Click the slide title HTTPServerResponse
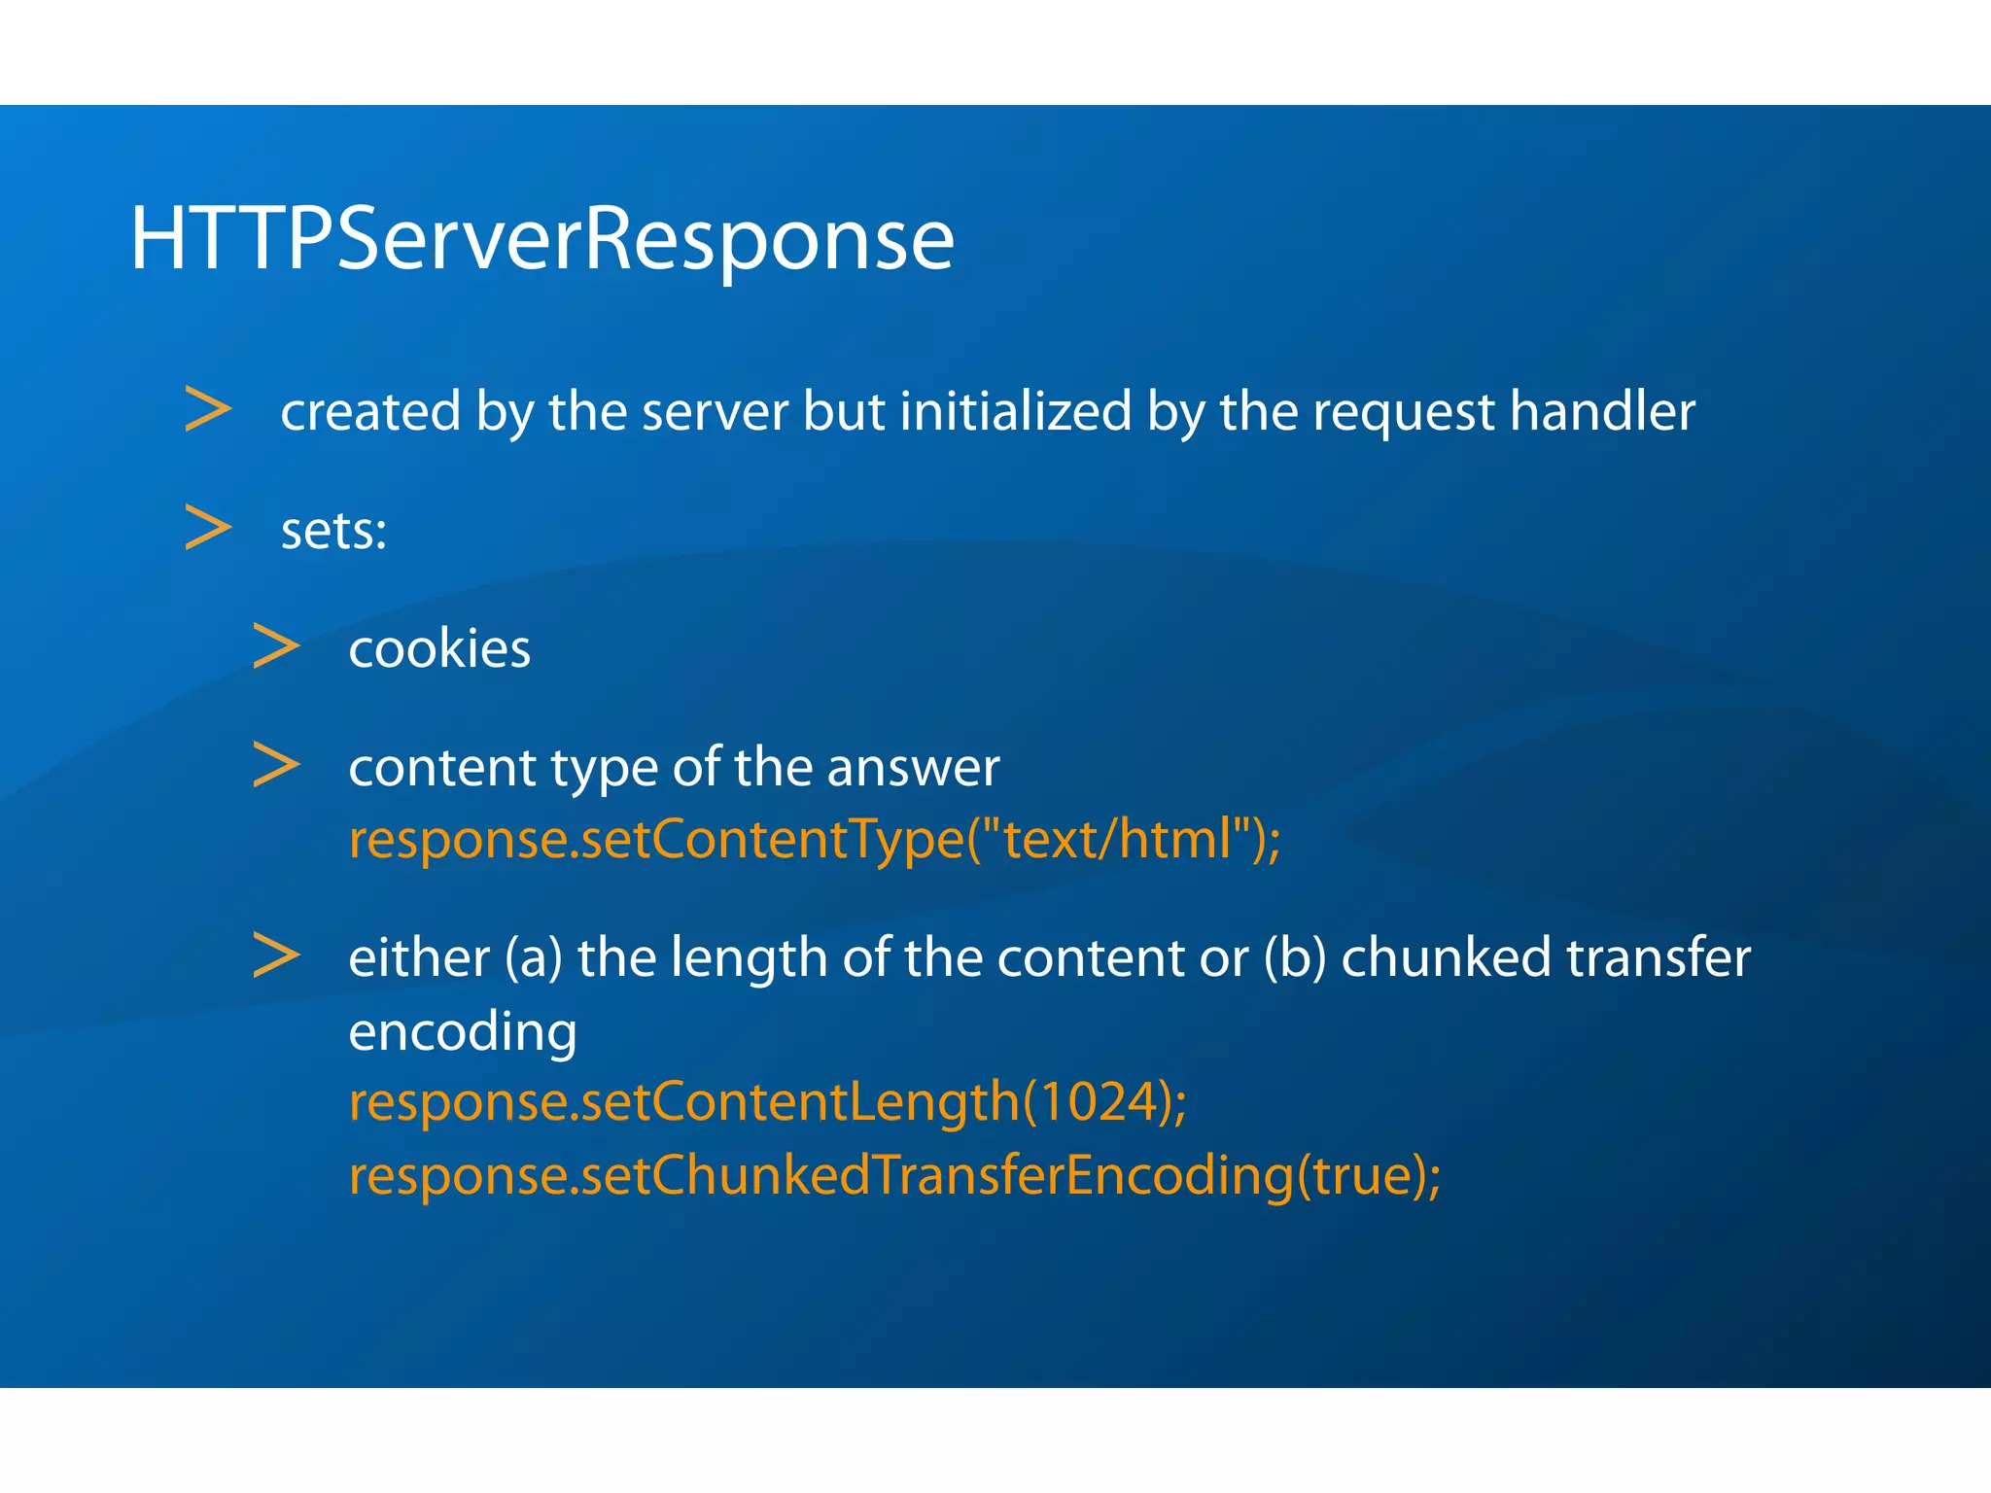coord(541,239)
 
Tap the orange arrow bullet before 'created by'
coord(208,409)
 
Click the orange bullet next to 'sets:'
coord(208,528)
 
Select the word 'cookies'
coord(439,648)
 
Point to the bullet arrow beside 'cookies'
coord(276,646)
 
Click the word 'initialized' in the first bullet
coord(1016,410)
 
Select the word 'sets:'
coord(333,531)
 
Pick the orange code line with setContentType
coord(815,839)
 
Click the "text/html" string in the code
coord(1118,838)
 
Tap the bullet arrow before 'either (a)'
coord(276,955)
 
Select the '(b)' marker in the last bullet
coord(1295,958)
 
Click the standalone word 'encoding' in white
coord(463,1031)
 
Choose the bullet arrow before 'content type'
coord(276,765)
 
